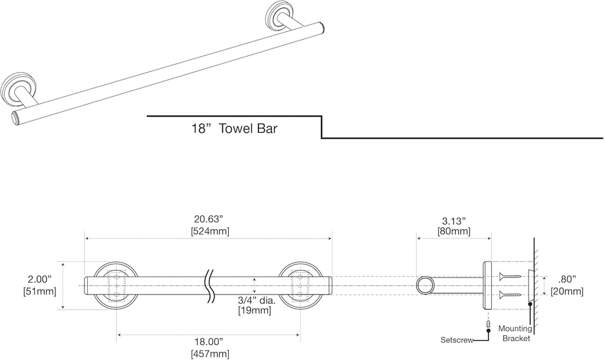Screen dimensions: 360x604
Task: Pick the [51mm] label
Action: point(40,291)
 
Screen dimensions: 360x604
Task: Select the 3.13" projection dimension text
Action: point(454,220)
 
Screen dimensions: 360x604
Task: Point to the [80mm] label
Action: point(454,231)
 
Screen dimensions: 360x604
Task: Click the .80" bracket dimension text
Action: point(567,279)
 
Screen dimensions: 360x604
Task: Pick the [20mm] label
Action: point(567,291)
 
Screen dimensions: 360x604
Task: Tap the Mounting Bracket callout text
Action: point(514,333)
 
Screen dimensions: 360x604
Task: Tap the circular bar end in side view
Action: point(425,286)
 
